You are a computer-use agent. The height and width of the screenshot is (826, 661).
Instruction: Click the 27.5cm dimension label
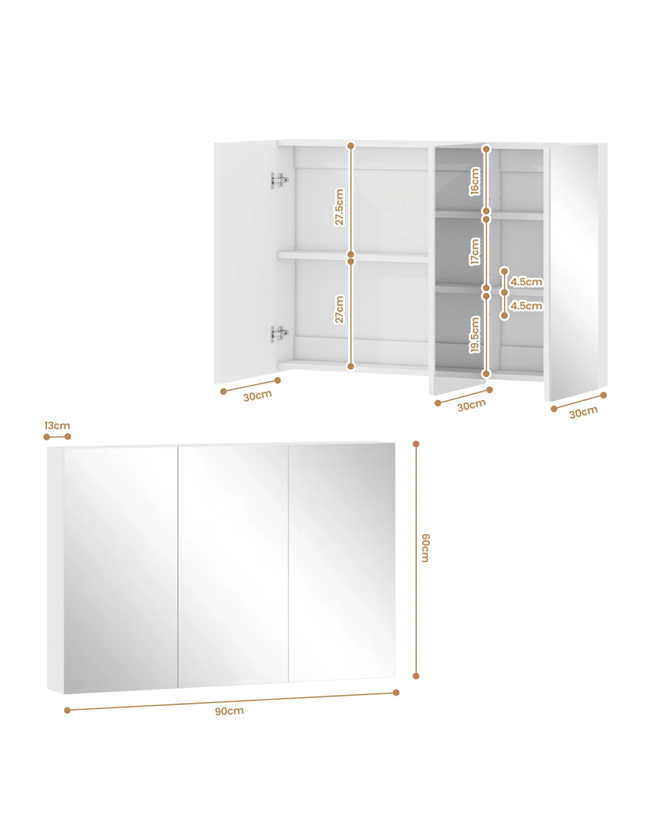click(339, 207)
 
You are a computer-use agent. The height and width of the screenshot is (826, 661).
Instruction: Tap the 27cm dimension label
click(339, 309)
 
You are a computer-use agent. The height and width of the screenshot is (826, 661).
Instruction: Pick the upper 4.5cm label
click(526, 282)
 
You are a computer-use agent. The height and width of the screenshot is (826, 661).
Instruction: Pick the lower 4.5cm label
click(526, 306)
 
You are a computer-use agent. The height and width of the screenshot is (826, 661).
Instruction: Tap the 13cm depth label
click(57, 426)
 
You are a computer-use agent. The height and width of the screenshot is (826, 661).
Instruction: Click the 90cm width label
click(229, 711)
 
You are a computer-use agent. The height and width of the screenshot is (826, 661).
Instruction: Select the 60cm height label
click(426, 548)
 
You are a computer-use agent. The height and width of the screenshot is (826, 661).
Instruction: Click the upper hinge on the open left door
click(280, 180)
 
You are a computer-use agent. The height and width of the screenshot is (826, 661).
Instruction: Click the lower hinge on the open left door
click(280, 334)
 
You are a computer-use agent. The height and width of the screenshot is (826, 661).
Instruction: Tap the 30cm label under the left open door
click(257, 396)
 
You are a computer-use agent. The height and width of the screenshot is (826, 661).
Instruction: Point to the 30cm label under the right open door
click(583, 413)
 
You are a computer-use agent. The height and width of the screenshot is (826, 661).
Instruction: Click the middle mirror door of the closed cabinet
click(233, 565)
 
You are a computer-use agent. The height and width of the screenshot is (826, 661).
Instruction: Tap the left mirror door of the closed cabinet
click(121, 569)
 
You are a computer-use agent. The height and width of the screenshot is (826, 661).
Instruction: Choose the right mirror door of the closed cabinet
click(342, 561)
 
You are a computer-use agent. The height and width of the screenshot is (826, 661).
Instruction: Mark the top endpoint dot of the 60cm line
click(416, 444)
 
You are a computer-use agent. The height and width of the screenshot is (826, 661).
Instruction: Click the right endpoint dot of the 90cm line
click(396, 693)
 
